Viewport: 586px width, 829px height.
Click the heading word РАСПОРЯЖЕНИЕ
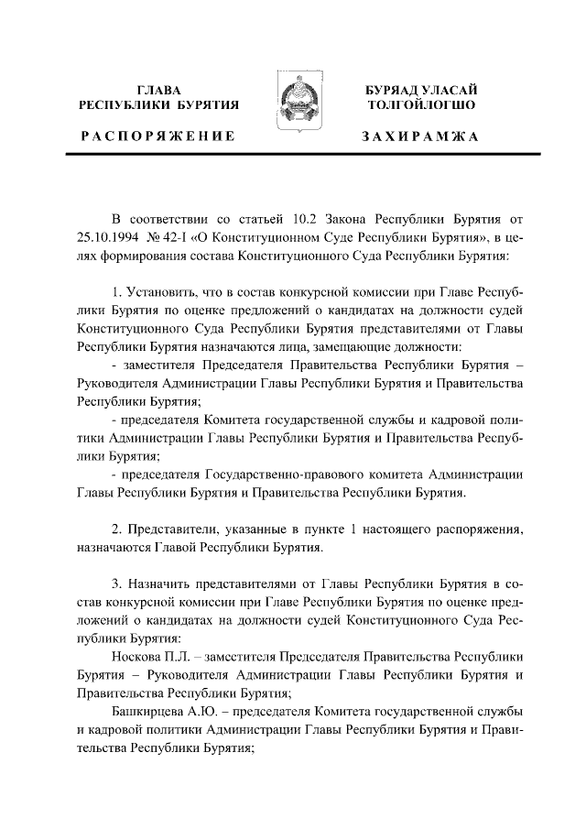coord(158,136)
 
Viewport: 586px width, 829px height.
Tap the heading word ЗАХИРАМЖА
coord(420,136)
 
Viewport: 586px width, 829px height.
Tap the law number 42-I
coord(178,240)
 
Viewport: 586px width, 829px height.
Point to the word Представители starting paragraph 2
coord(175,529)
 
